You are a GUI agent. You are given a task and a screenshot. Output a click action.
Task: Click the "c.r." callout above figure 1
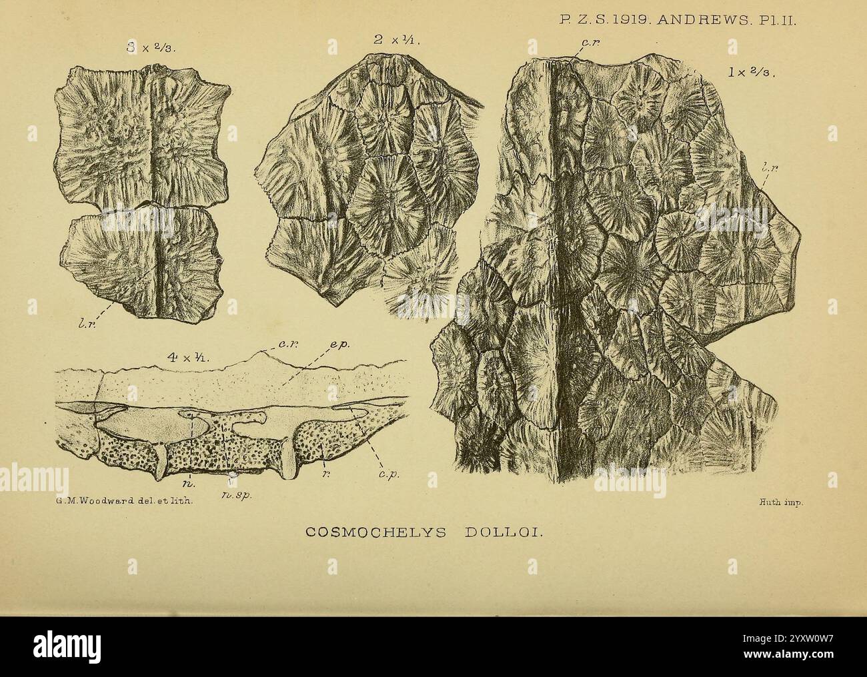[x=588, y=43]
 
